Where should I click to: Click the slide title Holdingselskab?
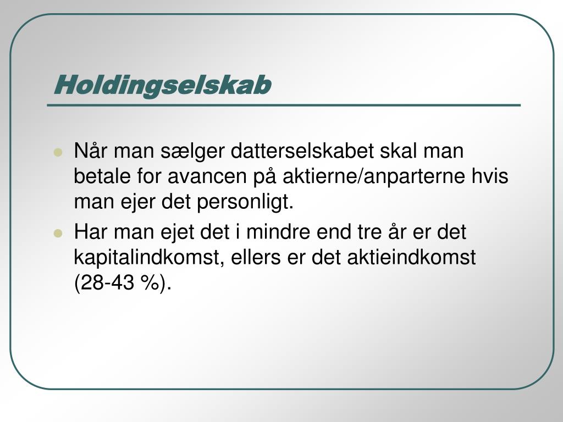pos(162,86)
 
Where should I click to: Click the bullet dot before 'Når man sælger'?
pos(58,153)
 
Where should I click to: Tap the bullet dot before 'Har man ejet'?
pos(58,234)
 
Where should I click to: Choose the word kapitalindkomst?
pos(150,258)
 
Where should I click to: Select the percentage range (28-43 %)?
pos(123,284)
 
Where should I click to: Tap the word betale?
pos(102,176)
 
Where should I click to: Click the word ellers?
pos(256,258)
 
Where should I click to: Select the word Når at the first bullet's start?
pos(91,151)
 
